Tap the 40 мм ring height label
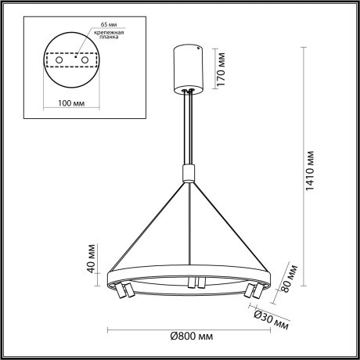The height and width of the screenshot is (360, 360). (91, 265)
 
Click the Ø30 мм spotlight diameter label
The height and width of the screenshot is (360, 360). (272, 319)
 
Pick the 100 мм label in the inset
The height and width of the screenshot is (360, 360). (74, 103)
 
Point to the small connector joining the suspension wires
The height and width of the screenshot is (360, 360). (188, 173)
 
